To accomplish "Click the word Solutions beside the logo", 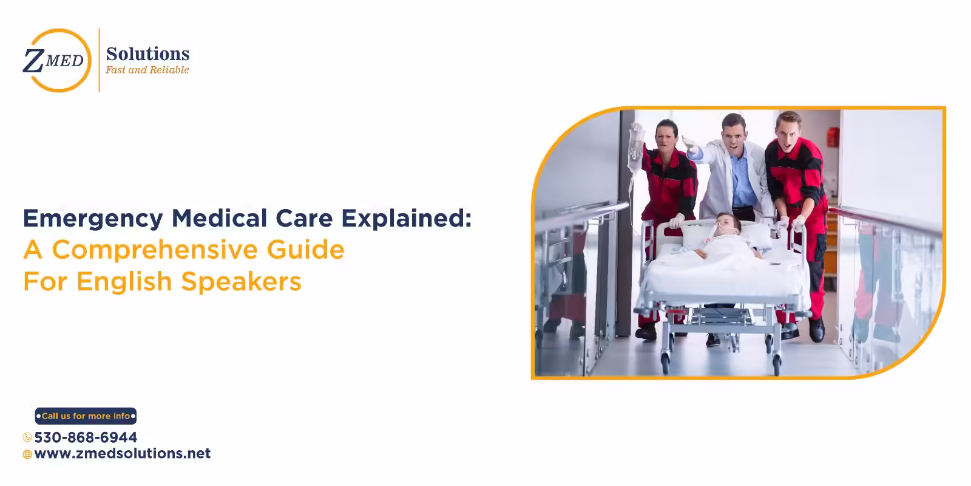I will (x=147, y=54).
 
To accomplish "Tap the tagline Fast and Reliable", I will (x=147, y=70).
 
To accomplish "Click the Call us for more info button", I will (x=86, y=416).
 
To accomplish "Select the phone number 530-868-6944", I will (x=86, y=437).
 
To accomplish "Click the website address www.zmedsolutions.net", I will (x=123, y=454).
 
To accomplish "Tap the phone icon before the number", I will (x=27, y=437).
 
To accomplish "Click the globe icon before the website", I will (x=27, y=454).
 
